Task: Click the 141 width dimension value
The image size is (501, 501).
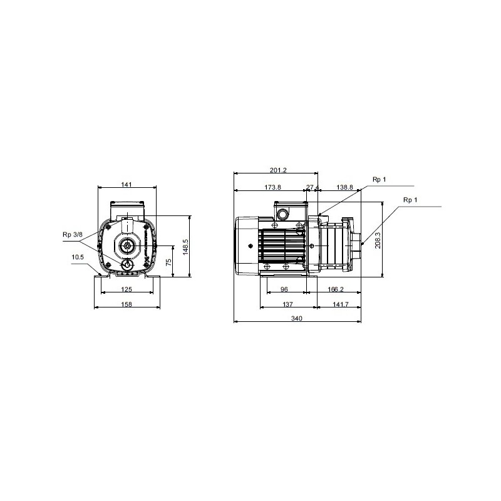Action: coord(127,184)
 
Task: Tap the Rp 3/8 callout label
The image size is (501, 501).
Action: coord(73,235)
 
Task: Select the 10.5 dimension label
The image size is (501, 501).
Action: coord(78,257)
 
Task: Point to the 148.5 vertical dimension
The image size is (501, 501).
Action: coord(185,247)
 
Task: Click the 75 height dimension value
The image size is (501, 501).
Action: coord(169,262)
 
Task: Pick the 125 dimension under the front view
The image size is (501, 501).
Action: coord(127,289)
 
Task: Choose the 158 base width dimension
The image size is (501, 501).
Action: coord(127,304)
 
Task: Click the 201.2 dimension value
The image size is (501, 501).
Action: coord(278,170)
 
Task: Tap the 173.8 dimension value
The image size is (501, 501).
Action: coord(272,187)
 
